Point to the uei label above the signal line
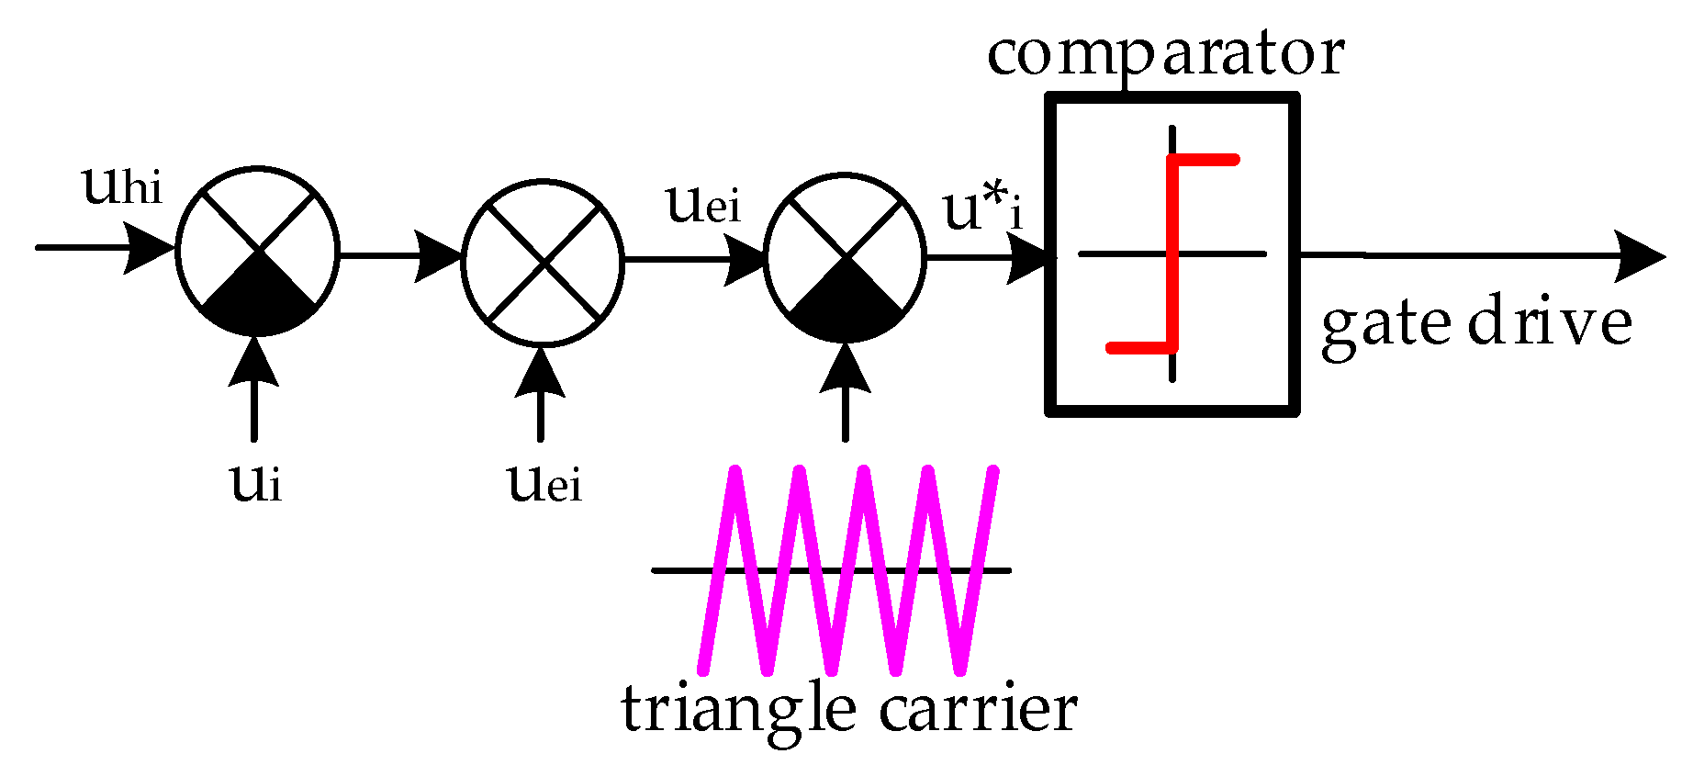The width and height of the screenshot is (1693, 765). click(x=703, y=203)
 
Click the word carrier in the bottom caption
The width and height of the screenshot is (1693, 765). click(x=978, y=710)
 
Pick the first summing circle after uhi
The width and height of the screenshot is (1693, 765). click(x=257, y=250)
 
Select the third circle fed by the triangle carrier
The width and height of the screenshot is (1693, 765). click(x=846, y=257)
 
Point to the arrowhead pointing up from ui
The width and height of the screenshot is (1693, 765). click(x=254, y=361)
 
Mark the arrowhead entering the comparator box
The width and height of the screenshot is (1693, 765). click(x=1028, y=258)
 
